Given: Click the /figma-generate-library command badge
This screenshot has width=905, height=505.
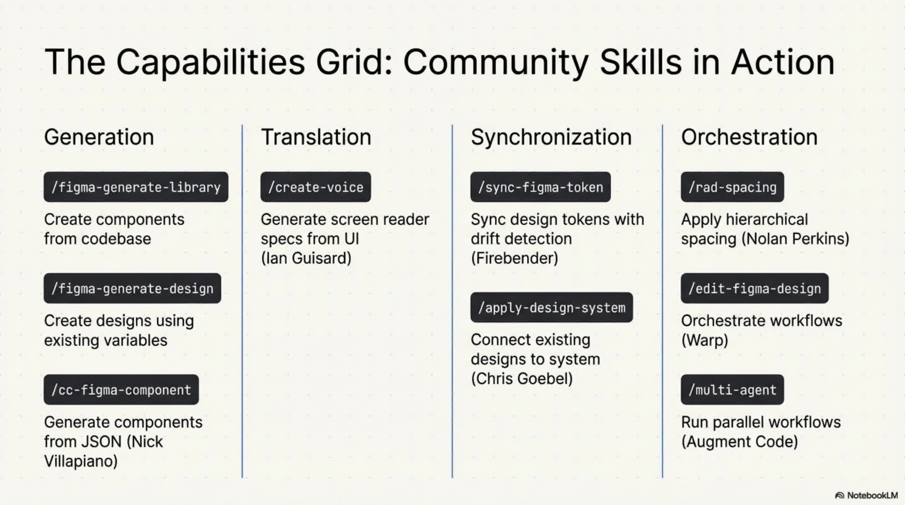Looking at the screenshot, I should [x=136, y=187].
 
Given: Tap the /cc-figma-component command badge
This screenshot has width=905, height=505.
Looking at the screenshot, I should [x=121, y=389].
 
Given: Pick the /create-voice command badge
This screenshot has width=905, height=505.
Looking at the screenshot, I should [x=315, y=187].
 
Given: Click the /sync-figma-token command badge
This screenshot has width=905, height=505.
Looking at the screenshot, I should [x=540, y=187].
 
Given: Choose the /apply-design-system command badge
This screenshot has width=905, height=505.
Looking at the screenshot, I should [x=551, y=307].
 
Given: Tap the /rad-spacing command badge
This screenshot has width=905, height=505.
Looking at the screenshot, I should [x=732, y=187].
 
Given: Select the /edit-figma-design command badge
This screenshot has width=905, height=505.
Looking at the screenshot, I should [x=754, y=288].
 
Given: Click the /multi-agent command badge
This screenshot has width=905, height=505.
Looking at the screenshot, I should [x=732, y=389].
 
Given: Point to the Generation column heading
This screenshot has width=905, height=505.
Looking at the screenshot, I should [x=99, y=137].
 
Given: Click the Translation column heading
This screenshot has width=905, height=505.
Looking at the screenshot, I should [x=316, y=137].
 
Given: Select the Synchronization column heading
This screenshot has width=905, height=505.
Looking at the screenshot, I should [x=551, y=137].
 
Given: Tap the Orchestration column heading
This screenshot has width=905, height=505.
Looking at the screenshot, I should [x=749, y=137].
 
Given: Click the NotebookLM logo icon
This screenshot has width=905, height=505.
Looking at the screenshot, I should [x=839, y=496].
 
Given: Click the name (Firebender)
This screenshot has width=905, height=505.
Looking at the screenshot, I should [x=514, y=258].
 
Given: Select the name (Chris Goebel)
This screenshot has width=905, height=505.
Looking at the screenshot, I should [x=522, y=378].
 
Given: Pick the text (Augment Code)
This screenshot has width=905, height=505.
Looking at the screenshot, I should [x=740, y=442].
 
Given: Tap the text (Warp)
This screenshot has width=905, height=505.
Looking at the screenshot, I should [x=704, y=340].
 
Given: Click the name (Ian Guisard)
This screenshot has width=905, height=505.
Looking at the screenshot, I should [x=306, y=258].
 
